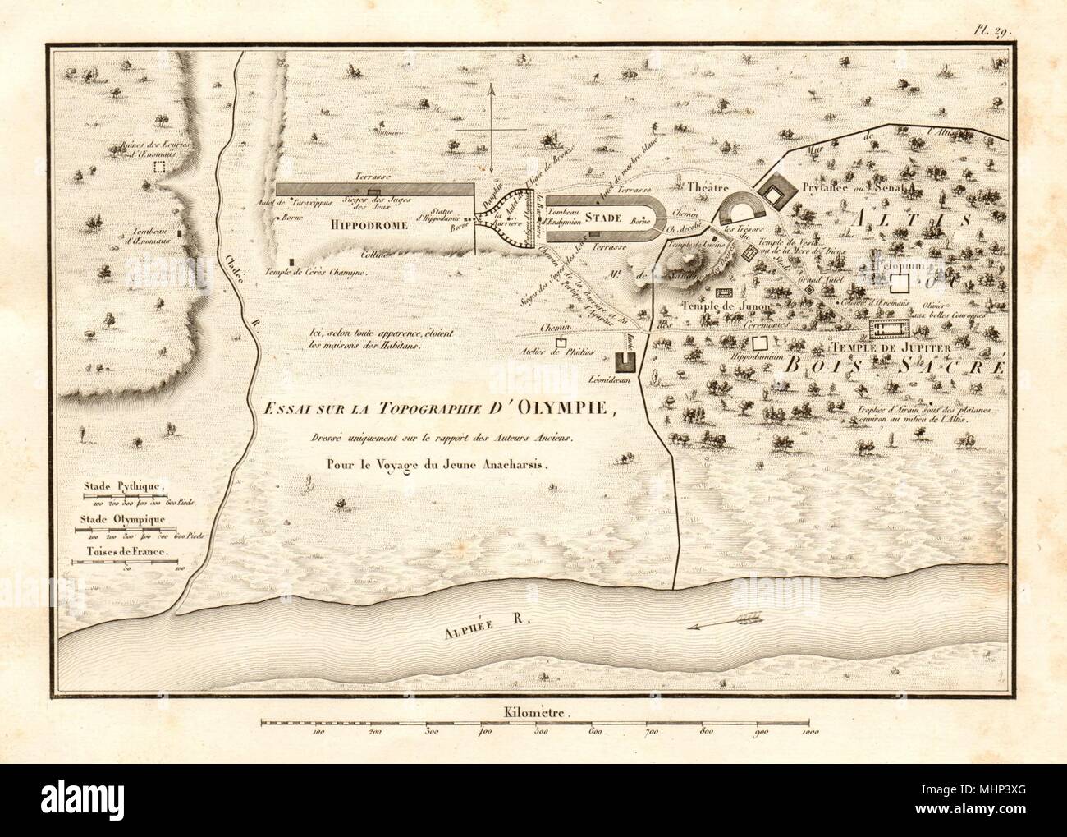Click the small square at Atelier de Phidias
tap(561, 342)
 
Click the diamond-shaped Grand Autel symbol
tap(809, 288)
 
